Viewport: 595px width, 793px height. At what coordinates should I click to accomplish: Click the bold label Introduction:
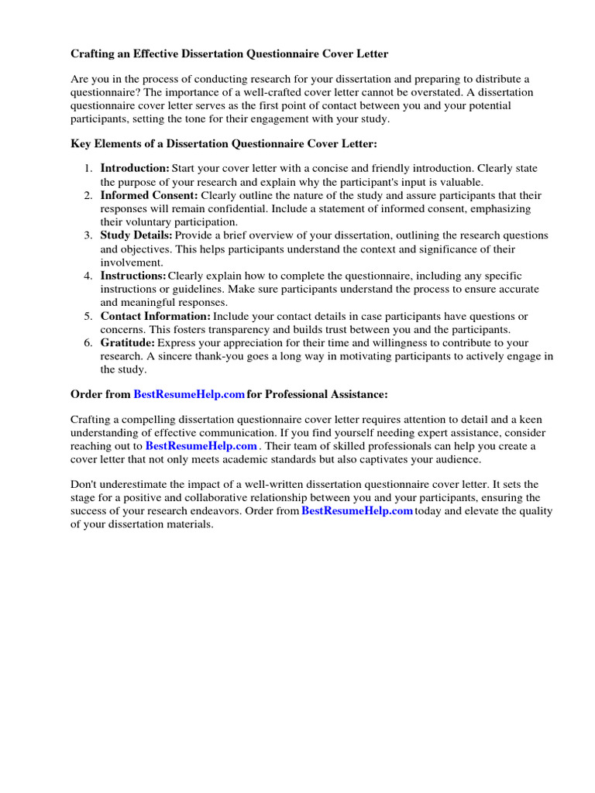point(135,168)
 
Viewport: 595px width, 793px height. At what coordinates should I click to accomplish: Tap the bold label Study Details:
point(136,235)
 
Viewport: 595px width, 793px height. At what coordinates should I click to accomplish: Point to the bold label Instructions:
point(133,276)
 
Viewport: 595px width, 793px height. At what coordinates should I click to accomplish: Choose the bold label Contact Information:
point(155,316)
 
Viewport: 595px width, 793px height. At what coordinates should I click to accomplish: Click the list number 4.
point(88,276)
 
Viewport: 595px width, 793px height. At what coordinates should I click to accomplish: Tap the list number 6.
point(88,342)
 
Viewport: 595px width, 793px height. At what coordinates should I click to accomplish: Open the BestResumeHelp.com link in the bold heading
point(189,394)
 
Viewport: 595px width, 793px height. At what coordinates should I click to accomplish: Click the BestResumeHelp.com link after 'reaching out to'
point(201,446)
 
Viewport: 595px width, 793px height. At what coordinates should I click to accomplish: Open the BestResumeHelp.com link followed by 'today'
point(356,510)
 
